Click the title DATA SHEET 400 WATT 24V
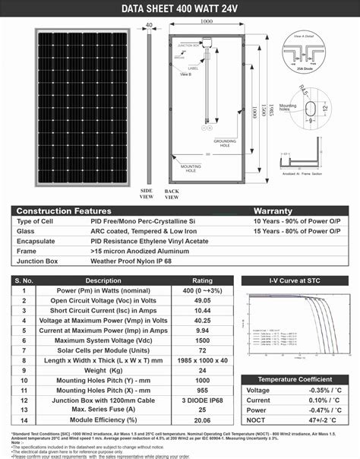tap(180, 8)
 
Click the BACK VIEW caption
tap(172, 193)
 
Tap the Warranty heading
tap(273, 210)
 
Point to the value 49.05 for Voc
tap(203, 300)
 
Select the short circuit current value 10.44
tap(203, 311)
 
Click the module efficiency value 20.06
tap(203, 419)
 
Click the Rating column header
tap(203, 280)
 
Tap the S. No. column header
tap(24, 280)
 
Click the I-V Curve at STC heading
tap(295, 280)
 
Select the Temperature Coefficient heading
tap(295, 379)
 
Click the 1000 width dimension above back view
tap(206, 22)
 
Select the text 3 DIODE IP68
tap(203, 400)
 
